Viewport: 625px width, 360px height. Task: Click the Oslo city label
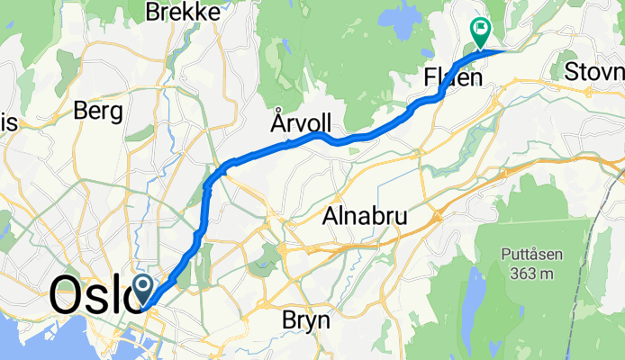(x=90, y=294)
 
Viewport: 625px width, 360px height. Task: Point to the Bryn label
(x=307, y=320)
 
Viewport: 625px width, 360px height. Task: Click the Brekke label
(x=184, y=13)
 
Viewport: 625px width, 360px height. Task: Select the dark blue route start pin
(x=143, y=290)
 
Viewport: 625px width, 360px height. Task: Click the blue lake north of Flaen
(x=396, y=15)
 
